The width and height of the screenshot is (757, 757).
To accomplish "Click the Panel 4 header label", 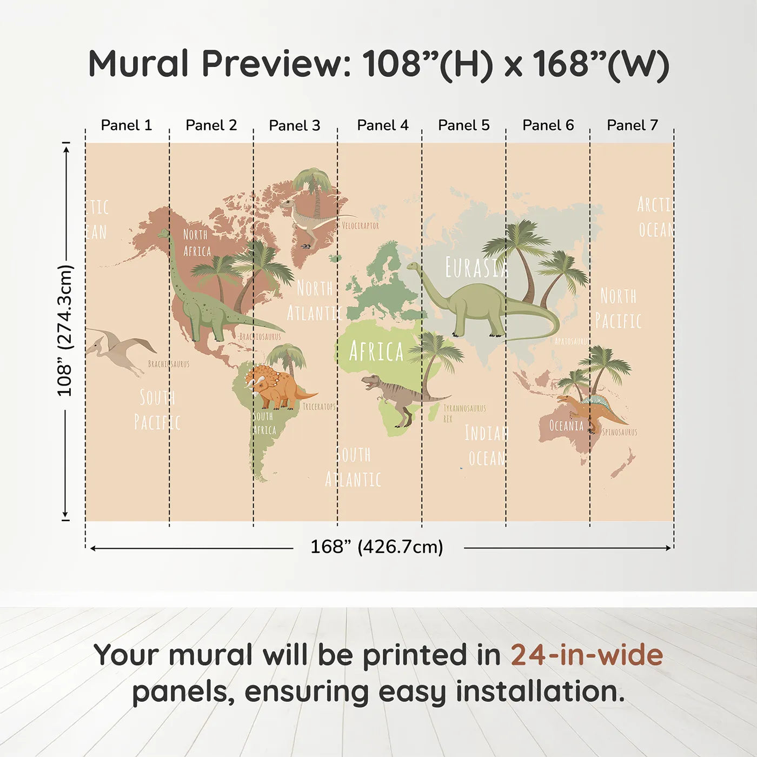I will (x=382, y=125).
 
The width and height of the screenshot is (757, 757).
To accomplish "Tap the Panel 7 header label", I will (x=632, y=125).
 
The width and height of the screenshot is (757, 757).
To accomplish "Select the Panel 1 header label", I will (x=127, y=125).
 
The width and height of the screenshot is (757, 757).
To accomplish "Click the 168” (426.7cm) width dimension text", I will (x=376, y=547).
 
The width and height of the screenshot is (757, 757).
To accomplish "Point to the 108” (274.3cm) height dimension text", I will (x=65, y=330).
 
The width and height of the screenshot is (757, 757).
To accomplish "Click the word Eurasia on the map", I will (x=476, y=267).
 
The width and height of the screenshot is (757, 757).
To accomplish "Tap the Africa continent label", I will (x=376, y=351).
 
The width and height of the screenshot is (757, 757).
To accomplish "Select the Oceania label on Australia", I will (x=566, y=426).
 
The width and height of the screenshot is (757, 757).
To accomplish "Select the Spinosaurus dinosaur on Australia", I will (x=595, y=411).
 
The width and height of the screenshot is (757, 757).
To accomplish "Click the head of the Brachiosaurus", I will (x=163, y=234).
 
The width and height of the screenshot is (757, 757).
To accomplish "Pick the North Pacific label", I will (x=618, y=309).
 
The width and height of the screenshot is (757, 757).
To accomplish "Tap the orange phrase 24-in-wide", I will (x=587, y=655).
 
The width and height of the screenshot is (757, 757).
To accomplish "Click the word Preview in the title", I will (x=276, y=64).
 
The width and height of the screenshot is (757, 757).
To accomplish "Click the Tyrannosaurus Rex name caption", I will (x=463, y=412).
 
